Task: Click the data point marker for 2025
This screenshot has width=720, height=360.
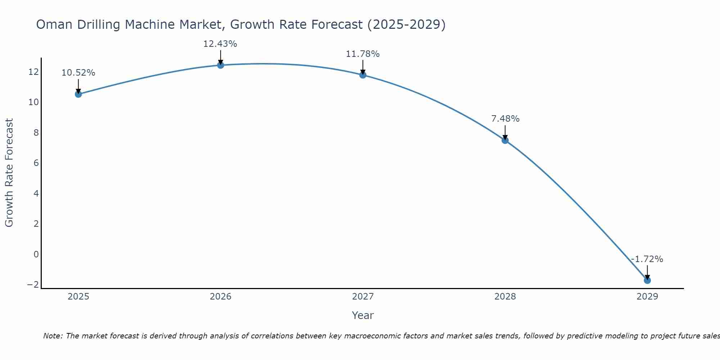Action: [x=78, y=94]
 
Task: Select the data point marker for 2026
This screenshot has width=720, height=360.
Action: [x=221, y=65]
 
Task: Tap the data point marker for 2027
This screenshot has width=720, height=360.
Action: [x=363, y=75]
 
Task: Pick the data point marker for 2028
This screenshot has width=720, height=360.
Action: [x=505, y=140]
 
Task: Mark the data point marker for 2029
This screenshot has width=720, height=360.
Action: [x=647, y=280]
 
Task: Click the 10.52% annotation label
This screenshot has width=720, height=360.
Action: [x=78, y=73]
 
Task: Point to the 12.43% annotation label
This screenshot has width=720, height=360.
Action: [x=220, y=44]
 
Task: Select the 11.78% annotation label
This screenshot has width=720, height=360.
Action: [x=363, y=54]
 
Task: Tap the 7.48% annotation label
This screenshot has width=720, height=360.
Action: [x=505, y=119]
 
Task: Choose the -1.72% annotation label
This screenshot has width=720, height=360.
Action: [x=647, y=259]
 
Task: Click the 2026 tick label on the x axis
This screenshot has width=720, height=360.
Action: [x=221, y=297]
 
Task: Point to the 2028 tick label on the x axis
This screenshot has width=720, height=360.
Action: [x=505, y=297]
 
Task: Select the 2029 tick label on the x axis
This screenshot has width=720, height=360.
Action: [x=647, y=297]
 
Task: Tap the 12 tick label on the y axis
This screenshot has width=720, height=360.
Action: [x=33, y=72]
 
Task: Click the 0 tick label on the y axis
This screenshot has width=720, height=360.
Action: [x=36, y=255]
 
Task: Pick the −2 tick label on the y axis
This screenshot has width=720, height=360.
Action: [x=33, y=285]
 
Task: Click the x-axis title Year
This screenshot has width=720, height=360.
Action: [x=363, y=315]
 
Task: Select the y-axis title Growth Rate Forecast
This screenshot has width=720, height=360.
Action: [x=9, y=173]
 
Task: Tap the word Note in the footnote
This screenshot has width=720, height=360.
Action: [x=53, y=336]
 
